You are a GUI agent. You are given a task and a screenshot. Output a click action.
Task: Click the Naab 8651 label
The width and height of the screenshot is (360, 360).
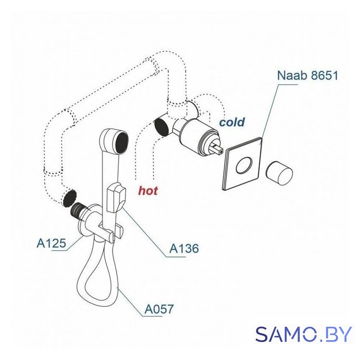click(308, 75)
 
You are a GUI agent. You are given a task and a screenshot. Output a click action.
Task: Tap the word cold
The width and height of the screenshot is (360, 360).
click(232, 122)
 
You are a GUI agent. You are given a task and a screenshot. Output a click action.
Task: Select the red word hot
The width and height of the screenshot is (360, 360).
click(148, 190)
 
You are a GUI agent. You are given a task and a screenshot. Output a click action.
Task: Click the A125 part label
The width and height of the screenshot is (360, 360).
click(51, 244)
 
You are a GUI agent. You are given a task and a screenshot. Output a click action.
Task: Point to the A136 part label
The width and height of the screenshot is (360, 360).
click(184, 248)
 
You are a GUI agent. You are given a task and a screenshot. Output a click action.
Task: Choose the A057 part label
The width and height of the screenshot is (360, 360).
click(159, 309)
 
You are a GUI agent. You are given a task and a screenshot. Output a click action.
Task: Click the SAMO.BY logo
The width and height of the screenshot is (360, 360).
click(304, 334)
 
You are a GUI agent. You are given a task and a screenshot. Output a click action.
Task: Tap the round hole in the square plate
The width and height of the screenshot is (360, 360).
click(244, 165)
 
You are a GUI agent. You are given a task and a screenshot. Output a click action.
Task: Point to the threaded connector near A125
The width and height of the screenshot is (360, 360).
click(78, 210)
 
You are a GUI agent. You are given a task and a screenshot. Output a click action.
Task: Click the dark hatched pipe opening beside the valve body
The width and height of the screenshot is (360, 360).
click(162, 127)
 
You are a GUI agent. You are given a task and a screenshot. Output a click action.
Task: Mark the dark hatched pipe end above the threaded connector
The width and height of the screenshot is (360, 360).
click(69, 198)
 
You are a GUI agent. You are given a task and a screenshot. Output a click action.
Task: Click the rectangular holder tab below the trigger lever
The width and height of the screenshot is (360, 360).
click(118, 232)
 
